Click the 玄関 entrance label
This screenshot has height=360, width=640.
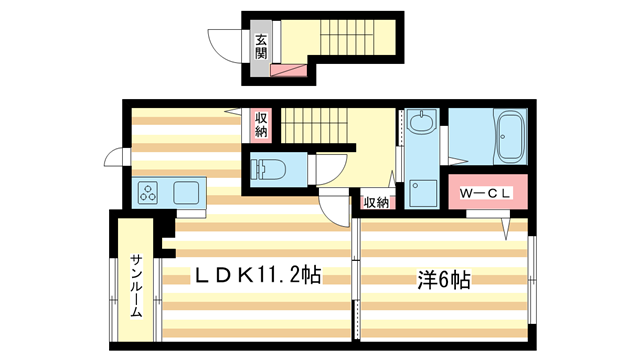click(x=261, y=46)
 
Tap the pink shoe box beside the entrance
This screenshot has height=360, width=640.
click(x=293, y=70)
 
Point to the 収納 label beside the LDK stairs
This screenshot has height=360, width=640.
click(x=261, y=125)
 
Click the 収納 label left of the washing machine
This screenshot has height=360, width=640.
click(x=375, y=202)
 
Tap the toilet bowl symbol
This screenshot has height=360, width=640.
click(x=268, y=168)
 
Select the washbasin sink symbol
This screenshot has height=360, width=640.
click(x=422, y=125)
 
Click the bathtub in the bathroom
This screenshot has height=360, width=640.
click(x=509, y=136)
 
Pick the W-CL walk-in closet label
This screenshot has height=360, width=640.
click(x=486, y=193)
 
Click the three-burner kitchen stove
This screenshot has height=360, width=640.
click(x=149, y=193)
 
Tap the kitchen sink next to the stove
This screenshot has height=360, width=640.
click(x=188, y=193)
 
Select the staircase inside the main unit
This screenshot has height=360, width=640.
click(x=315, y=127)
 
